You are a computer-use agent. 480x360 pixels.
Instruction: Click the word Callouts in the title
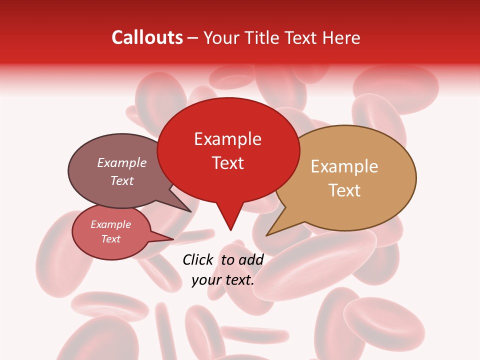pyautogui.click(x=147, y=37)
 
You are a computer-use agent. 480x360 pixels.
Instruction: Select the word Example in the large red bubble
pyautogui.click(x=227, y=139)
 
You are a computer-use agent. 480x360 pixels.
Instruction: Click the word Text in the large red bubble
pyautogui.click(x=228, y=163)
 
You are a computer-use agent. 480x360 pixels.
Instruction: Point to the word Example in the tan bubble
pyautogui.click(x=344, y=166)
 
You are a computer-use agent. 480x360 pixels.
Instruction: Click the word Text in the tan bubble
pyautogui.click(x=345, y=190)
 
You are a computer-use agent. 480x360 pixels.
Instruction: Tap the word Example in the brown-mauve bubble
pyautogui.click(x=121, y=162)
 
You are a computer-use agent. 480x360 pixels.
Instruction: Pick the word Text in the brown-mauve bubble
pyautogui.click(x=122, y=180)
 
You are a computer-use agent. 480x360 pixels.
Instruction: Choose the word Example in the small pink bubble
pyautogui.click(x=110, y=224)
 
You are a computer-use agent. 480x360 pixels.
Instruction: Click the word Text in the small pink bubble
pyautogui.click(x=111, y=239)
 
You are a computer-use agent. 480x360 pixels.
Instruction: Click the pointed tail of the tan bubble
pyautogui.click(x=272, y=230)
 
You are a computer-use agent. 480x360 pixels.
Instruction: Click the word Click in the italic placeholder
pyautogui.click(x=197, y=259)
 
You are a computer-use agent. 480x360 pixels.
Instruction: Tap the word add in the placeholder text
pyautogui.click(x=251, y=259)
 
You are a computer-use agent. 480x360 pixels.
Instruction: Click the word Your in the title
pyautogui.click(x=220, y=37)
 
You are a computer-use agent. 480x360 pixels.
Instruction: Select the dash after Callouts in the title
pyautogui.click(x=193, y=38)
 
